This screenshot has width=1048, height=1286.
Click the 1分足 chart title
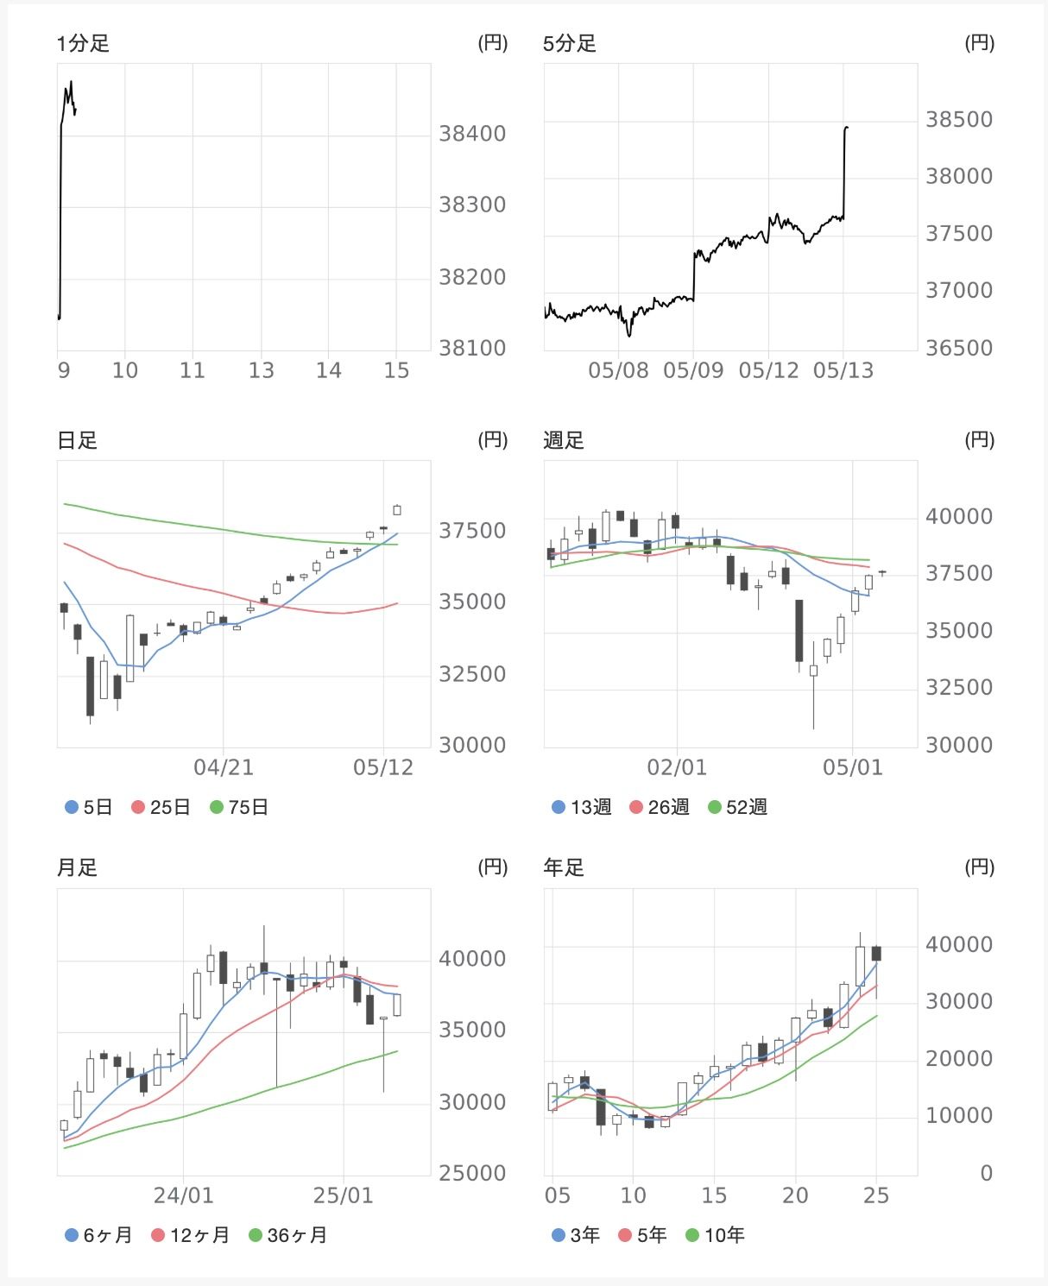click(83, 43)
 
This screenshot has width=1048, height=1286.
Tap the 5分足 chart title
click(570, 43)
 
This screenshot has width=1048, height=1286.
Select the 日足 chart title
click(78, 440)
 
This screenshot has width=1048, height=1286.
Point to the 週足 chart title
click(564, 440)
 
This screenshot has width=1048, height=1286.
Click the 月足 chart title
click(78, 867)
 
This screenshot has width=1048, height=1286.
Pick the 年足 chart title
click(564, 867)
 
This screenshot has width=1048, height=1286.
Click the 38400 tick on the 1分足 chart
click(472, 134)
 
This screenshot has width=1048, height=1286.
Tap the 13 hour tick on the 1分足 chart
click(261, 370)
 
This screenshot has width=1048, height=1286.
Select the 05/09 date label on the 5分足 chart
click(693, 370)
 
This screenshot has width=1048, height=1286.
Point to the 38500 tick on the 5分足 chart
click(959, 119)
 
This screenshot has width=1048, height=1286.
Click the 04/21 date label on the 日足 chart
click(224, 767)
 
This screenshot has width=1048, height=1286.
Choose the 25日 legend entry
click(161, 807)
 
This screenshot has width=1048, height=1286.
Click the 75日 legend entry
click(239, 807)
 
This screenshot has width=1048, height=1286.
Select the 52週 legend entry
click(737, 807)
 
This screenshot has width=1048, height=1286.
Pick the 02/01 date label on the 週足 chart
click(677, 767)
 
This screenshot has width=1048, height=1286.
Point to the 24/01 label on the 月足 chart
click(183, 1195)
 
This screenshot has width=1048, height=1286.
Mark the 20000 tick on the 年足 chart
click(959, 1058)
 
